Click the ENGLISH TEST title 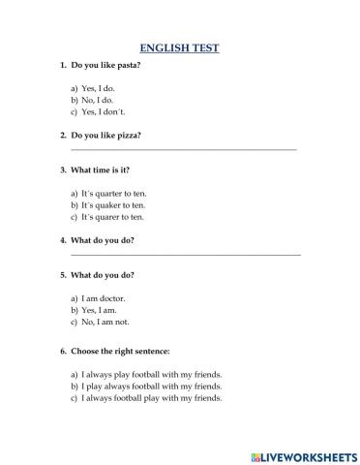pyautogui.click(x=180, y=46)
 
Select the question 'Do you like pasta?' pyautogui.click(x=105, y=65)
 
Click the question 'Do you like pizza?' pyautogui.click(x=105, y=135)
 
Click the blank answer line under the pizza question pyautogui.click(x=184, y=149)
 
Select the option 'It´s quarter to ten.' pyautogui.click(x=113, y=193)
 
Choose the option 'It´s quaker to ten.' pyautogui.click(x=113, y=204)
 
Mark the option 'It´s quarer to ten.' pyautogui.click(x=112, y=217)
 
